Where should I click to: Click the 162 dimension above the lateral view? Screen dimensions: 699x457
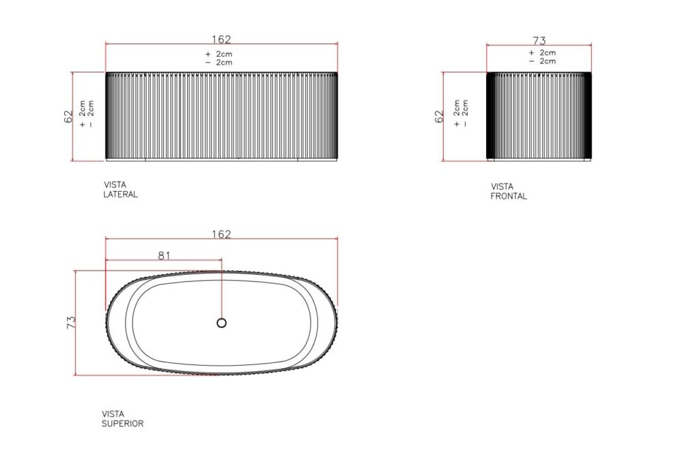coord(221,39)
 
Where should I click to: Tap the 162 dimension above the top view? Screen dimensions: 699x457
coord(221,234)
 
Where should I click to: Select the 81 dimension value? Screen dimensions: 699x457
coord(165,255)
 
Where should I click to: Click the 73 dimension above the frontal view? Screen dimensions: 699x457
coord(539,40)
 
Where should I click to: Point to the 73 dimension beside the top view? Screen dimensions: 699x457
coord(71,323)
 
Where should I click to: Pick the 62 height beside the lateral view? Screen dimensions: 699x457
coord(68,117)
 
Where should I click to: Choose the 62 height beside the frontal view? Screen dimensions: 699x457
coord(439,117)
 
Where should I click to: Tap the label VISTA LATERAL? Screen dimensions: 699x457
coord(120,190)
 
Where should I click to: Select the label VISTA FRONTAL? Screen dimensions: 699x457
coord(509,191)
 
